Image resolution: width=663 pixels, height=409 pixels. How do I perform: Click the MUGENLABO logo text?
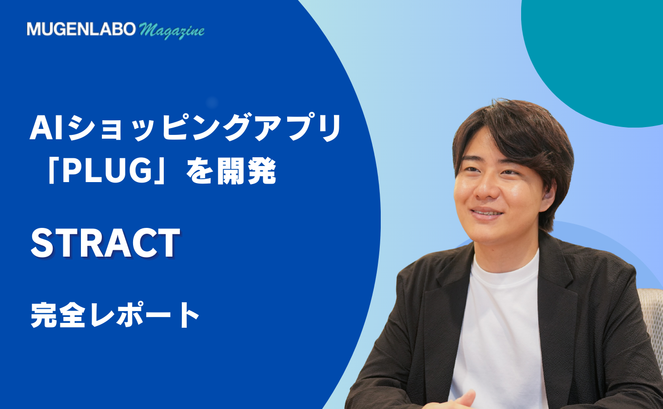(81, 29)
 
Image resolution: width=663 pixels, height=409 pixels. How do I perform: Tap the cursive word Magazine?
(172, 31)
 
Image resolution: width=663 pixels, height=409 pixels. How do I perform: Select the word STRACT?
(105, 243)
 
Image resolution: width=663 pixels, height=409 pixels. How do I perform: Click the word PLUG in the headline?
(107, 171)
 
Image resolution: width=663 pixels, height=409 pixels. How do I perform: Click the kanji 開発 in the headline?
(247, 171)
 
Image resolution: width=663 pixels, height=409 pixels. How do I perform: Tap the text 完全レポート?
(115, 315)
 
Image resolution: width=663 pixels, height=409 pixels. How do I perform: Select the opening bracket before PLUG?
(52, 171)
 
